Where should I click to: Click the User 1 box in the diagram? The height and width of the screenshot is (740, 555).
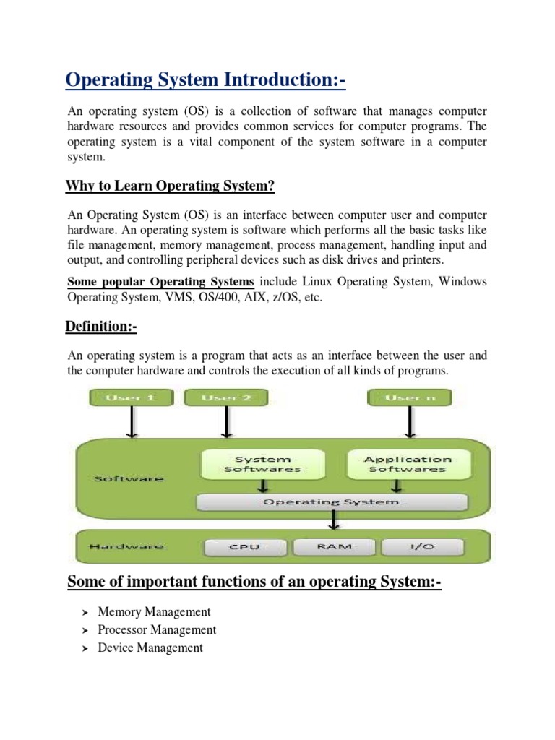pos(130,397)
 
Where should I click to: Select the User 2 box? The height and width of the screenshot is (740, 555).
pos(226,397)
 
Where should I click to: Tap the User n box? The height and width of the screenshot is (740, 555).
pos(410,397)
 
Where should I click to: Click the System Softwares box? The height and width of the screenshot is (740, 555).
pos(262,464)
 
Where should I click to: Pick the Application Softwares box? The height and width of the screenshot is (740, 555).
pos(408,464)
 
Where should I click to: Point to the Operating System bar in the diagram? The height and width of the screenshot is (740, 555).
pos(332,502)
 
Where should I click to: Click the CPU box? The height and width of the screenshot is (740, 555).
pos(244,547)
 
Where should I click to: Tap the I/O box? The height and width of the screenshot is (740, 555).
pos(423,547)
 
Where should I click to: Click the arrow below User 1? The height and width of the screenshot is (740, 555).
pos(131,422)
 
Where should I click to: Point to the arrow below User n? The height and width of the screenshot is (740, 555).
pos(410,422)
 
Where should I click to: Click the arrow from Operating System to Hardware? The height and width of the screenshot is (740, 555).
pos(333,520)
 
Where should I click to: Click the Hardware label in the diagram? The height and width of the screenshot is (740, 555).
pos(116,547)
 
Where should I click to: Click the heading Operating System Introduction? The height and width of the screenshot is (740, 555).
pos(206,80)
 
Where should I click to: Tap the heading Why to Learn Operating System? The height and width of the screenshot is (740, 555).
pos(171,186)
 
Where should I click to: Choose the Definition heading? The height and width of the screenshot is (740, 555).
pos(101,327)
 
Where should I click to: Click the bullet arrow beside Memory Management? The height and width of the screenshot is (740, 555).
pos(83,612)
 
